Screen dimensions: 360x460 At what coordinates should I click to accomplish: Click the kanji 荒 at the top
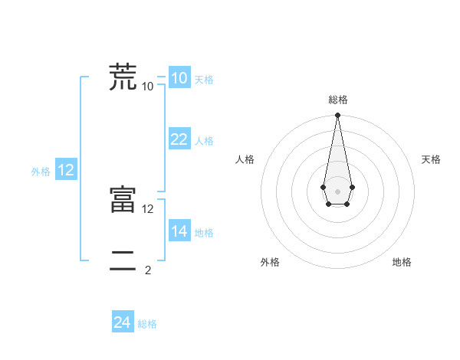tap(123, 77)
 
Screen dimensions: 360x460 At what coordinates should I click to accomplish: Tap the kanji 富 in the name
tap(123, 200)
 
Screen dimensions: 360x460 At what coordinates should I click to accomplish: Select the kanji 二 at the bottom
tap(123, 261)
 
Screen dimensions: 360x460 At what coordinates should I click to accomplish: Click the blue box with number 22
tap(179, 139)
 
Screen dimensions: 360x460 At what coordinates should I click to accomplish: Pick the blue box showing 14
tap(179, 231)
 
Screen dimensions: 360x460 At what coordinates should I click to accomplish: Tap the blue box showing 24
tap(123, 322)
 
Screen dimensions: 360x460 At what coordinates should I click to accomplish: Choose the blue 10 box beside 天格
tap(179, 77)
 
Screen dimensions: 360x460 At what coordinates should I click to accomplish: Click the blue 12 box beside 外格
tap(66, 170)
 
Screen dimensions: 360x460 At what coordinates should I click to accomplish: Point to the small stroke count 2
tap(148, 270)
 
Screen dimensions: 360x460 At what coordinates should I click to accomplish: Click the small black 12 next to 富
tap(148, 208)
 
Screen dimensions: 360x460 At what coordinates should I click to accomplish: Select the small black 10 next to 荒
tap(148, 86)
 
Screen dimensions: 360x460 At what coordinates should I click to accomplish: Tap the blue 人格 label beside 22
tap(204, 141)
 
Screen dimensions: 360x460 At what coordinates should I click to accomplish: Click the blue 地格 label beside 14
tap(204, 233)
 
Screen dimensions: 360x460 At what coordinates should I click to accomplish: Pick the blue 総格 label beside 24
tap(147, 325)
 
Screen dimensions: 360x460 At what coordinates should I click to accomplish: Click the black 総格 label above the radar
tap(337, 100)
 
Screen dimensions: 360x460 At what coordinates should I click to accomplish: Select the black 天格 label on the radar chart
tap(431, 159)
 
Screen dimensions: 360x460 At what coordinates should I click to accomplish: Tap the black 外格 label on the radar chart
tap(270, 262)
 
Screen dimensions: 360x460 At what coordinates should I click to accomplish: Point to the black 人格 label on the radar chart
tap(245, 159)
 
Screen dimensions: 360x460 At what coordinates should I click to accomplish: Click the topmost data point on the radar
tap(337, 116)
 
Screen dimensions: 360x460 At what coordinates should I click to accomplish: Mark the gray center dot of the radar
tap(337, 190)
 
